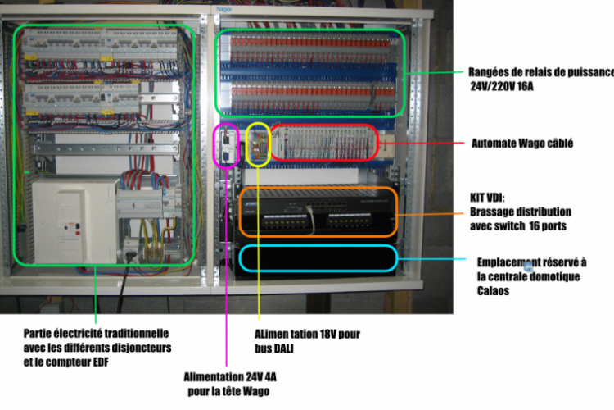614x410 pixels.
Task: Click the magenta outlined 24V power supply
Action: click(225, 147)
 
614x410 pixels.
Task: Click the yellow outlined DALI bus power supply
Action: click(258, 144)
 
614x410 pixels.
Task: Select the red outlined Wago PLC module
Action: click(324, 143)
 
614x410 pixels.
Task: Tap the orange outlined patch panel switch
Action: click(316, 212)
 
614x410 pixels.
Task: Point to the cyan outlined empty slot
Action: click(318, 258)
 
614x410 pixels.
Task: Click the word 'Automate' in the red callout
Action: click(492, 143)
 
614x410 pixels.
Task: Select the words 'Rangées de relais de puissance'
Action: click(540, 71)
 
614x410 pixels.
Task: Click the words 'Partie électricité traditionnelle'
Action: click(96, 334)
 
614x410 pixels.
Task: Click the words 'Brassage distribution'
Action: click(519, 212)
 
